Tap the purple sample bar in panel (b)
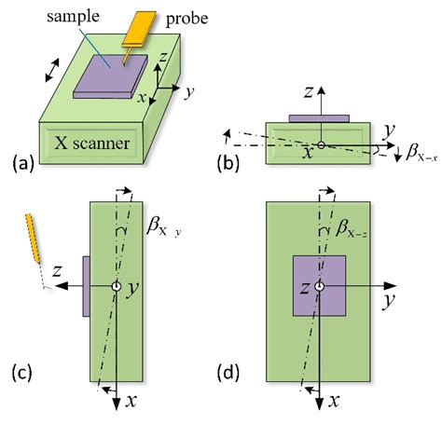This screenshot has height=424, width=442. [x=319, y=118]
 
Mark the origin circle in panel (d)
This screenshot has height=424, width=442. [x=319, y=286]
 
